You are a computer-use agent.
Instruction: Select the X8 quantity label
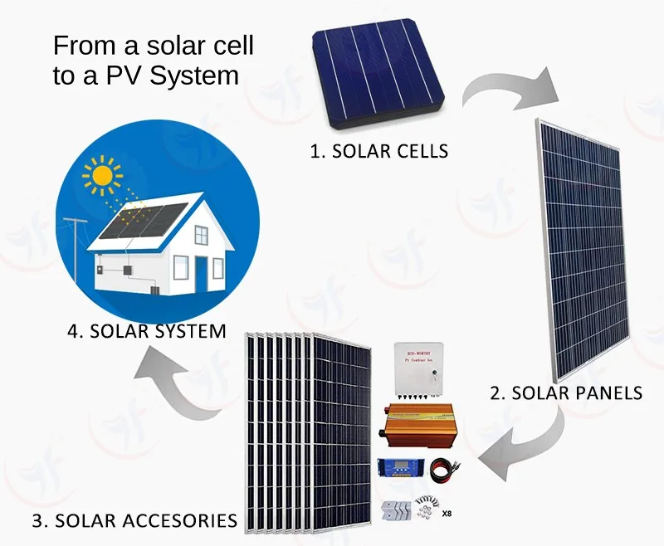coord(447,514)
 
